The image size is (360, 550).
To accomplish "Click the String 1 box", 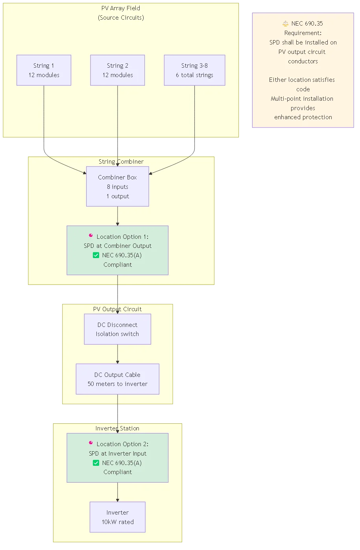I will pos(44,70).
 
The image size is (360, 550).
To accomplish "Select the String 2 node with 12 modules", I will pos(118,70).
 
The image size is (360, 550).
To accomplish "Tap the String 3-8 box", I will pos(194,70).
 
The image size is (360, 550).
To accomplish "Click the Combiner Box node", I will pos(118,186).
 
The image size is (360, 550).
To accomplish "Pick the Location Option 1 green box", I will pos(118,250).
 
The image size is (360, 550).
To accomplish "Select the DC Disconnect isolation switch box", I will pos(118,329).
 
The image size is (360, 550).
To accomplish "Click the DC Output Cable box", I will pos(118,379).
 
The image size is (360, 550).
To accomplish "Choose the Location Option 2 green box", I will pos(118,458).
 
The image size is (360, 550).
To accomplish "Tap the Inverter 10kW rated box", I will pos(118,517).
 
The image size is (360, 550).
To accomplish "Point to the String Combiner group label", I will pos(121,162).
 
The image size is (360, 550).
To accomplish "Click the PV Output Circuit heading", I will pos(117,309).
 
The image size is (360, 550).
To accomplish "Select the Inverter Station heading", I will pos(117,428).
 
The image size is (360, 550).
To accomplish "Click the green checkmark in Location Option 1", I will pos(96,255).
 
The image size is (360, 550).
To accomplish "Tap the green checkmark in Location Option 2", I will pos(96,463).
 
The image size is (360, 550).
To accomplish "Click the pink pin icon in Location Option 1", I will pos(91,236).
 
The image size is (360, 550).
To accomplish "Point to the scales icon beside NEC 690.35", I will pos(286,24).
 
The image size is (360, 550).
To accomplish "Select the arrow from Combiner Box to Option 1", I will pos(118,216).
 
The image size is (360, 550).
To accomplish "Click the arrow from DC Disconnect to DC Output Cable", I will pos(118,354).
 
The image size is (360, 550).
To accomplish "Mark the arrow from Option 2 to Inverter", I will pos(118,492).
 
